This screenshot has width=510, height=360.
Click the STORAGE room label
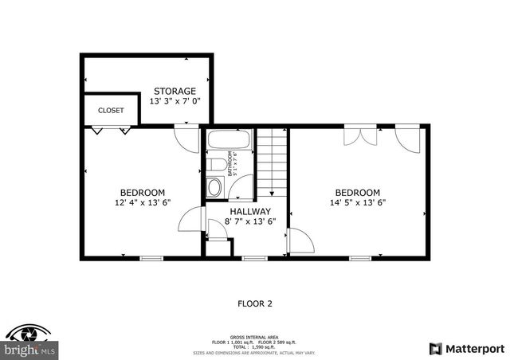[x=175, y=91]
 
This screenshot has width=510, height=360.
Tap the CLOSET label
[x=111, y=111]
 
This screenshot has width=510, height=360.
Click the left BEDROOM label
[x=143, y=192]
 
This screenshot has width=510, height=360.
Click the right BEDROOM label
[x=357, y=192]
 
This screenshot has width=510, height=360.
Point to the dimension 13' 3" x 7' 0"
[x=175, y=101]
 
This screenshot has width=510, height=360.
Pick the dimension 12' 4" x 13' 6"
[x=143, y=202]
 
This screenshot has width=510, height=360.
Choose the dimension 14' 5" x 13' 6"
[x=357, y=202]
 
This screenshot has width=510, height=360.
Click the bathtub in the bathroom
[x=229, y=142]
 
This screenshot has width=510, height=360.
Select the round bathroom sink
[x=214, y=188]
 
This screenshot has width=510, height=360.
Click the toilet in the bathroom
[x=216, y=165]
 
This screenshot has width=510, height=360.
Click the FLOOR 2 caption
[x=255, y=303]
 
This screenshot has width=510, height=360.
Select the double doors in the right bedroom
[x=361, y=135]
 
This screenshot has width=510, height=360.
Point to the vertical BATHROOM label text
[x=230, y=162]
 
